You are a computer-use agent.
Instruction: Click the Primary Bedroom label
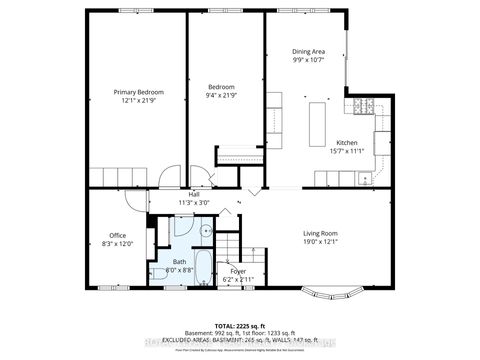[137, 92]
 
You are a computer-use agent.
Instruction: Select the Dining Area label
[308, 51]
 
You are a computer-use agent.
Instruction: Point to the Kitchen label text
[347, 142]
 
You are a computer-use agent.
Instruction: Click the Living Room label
[321, 234]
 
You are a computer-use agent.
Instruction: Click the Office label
[117, 235]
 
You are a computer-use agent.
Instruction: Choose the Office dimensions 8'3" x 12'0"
[117, 245]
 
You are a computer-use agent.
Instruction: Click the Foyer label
[238, 270]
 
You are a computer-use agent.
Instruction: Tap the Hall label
[180, 194]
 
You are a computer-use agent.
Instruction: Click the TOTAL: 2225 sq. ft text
[240, 326]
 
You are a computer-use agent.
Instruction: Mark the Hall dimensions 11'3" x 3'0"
[180, 203]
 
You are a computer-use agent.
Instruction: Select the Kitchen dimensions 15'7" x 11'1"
[347, 152]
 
